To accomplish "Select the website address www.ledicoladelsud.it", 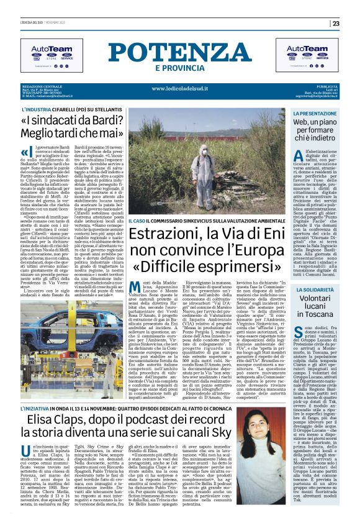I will pyautogui.click(x=181, y=88).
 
